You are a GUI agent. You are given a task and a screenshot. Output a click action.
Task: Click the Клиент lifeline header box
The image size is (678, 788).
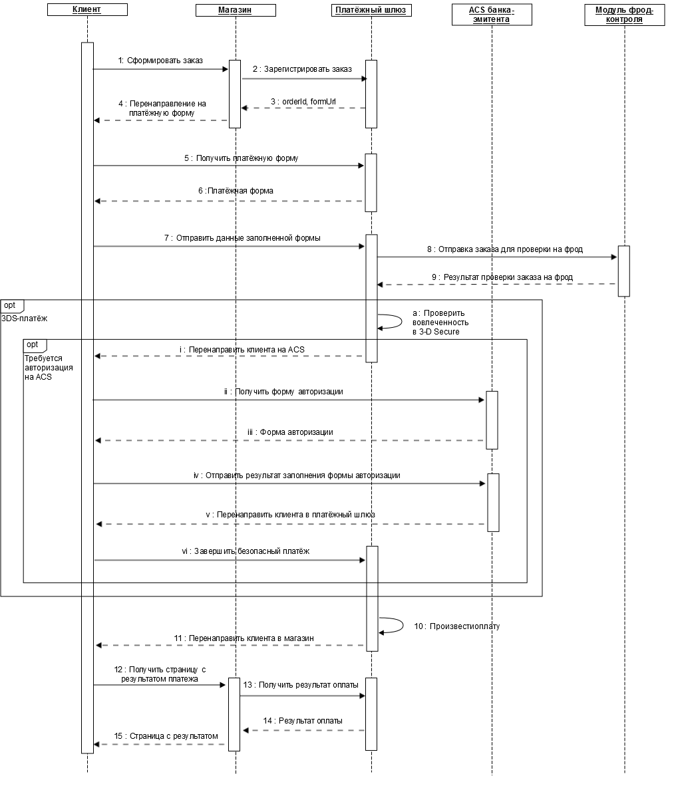coord(87,10)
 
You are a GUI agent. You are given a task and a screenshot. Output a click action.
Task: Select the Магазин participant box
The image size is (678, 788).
coord(236,10)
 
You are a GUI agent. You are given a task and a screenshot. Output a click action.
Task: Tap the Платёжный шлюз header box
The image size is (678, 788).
coord(371,10)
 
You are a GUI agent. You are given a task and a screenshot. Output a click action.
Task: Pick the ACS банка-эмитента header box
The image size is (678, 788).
coord(492,15)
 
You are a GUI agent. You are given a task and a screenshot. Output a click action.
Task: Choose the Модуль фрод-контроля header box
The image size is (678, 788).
coord(625,15)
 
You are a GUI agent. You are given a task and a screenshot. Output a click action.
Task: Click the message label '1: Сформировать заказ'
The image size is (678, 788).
coord(160,61)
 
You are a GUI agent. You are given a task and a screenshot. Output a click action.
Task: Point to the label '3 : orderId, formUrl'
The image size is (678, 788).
coord(303,102)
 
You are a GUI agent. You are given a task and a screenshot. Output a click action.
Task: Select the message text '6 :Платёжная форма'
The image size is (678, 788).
coord(236,191)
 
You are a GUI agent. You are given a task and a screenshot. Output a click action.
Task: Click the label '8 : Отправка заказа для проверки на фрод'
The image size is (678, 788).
coord(505,249)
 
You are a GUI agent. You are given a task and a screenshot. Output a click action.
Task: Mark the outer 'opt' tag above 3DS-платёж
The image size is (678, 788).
coord(11,306)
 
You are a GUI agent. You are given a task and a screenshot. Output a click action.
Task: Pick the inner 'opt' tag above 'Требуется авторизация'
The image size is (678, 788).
coord(35,345)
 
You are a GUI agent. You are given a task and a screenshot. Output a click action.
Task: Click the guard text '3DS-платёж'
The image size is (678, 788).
coord(24,319)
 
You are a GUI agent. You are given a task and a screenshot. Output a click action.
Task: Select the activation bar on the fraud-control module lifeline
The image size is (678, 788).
coord(623,271)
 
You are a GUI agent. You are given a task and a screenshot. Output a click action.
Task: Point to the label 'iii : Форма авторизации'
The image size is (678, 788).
coord(290,432)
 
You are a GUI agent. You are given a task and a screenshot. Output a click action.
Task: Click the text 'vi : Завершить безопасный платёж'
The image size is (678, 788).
coord(246,551)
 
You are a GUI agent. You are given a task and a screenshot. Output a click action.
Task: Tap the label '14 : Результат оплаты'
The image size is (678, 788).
coord(303,721)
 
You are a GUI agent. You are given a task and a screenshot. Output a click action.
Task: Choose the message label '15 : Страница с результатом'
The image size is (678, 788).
coord(166,736)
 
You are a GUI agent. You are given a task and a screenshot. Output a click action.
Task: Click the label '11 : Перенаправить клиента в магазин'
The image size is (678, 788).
coord(244,639)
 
